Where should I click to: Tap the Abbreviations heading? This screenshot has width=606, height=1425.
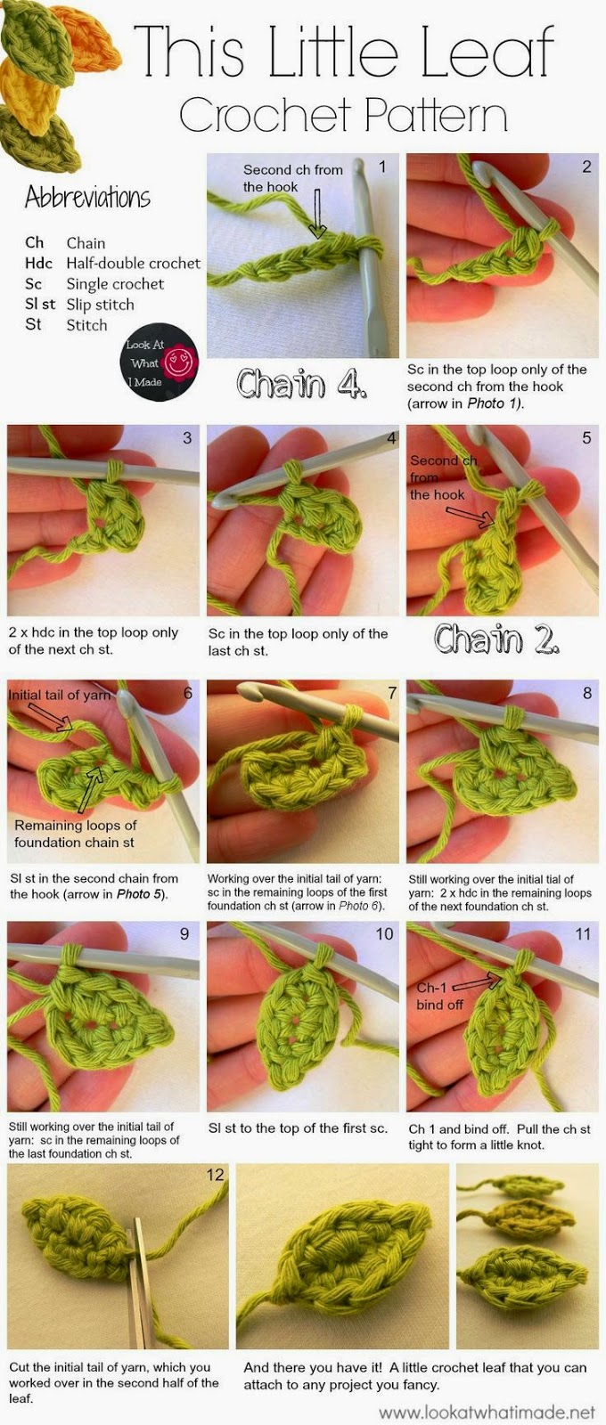(x=87, y=197)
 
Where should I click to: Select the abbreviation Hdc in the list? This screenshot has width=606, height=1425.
(x=37, y=263)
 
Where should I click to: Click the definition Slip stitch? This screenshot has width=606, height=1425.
(x=100, y=305)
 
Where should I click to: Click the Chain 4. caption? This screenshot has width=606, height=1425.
(x=302, y=383)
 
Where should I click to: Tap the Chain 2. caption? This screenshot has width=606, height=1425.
(x=497, y=638)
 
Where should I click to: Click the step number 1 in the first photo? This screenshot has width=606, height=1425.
(x=382, y=167)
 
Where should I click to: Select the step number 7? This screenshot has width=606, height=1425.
(x=392, y=693)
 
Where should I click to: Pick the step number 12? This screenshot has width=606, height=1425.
(x=215, y=1175)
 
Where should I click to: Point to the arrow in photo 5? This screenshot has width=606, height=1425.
(x=471, y=517)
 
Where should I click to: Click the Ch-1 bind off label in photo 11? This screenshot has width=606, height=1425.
(x=440, y=996)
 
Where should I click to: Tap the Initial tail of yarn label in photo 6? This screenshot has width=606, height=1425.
(x=59, y=695)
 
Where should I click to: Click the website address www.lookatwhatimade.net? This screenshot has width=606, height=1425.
(x=487, y=1412)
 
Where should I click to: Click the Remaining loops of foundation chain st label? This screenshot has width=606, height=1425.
(x=75, y=834)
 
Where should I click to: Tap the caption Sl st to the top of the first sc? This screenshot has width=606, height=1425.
(x=298, y=1128)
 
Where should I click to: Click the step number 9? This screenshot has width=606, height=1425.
(x=184, y=933)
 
